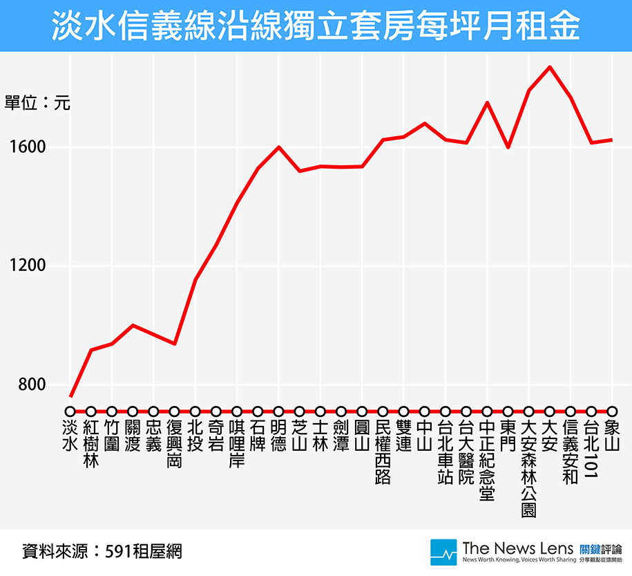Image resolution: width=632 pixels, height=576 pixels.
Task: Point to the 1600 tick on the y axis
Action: (x=27, y=147)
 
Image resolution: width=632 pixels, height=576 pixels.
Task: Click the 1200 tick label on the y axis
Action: (x=27, y=266)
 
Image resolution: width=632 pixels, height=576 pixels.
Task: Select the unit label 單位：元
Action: (x=37, y=104)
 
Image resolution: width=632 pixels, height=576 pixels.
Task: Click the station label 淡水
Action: (x=70, y=434)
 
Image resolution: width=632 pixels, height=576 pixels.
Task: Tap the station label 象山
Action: (x=612, y=434)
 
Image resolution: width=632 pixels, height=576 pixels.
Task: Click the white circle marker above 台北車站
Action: (x=446, y=411)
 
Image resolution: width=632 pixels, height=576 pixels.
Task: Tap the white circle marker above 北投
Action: (x=195, y=411)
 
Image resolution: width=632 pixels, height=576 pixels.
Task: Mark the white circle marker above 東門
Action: (x=508, y=411)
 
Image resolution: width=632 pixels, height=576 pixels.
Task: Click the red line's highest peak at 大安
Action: (x=550, y=67)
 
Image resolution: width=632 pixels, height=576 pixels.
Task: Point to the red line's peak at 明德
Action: (x=278, y=147)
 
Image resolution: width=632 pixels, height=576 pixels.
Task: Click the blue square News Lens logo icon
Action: (x=443, y=552)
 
